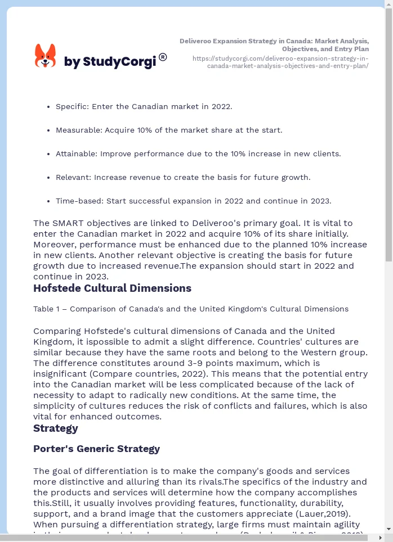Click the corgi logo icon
tap(45, 56)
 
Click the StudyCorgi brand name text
tap(110, 62)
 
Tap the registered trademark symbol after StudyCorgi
tap(163, 57)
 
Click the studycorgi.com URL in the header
tap(280, 62)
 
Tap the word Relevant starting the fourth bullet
tap(73, 177)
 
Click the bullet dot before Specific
tap(49, 106)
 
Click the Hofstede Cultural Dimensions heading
tap(112, 288)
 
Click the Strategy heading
tap(56, 428)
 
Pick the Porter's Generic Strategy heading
tap(96, 449)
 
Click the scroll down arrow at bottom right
tap(388, 529)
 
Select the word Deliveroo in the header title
tap(197, 41)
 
